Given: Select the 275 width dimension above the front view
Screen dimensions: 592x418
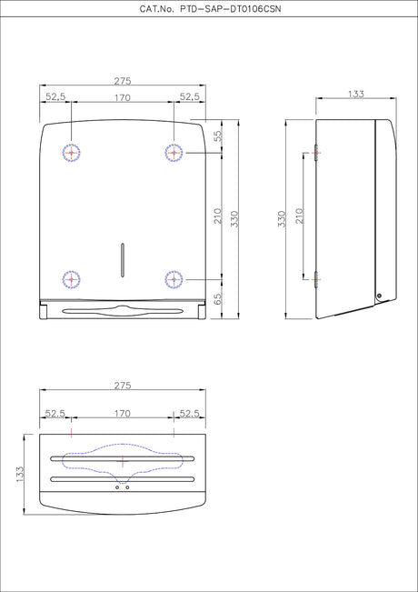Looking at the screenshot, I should [x=123, y=81].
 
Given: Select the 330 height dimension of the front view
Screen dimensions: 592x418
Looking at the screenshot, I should [x=234, y=218].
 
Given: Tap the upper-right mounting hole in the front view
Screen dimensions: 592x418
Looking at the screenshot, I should [x=174, y=153].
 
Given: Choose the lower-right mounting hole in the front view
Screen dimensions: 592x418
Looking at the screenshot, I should [x=174, y=279].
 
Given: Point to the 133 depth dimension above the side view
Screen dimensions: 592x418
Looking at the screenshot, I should [x=356, y=95].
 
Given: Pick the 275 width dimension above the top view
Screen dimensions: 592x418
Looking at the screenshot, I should [x=123, y=386].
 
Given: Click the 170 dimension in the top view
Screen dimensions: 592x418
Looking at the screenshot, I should [x=123, y=414].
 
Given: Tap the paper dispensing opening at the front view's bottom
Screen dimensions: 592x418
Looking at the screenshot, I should [x=123, y=311].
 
